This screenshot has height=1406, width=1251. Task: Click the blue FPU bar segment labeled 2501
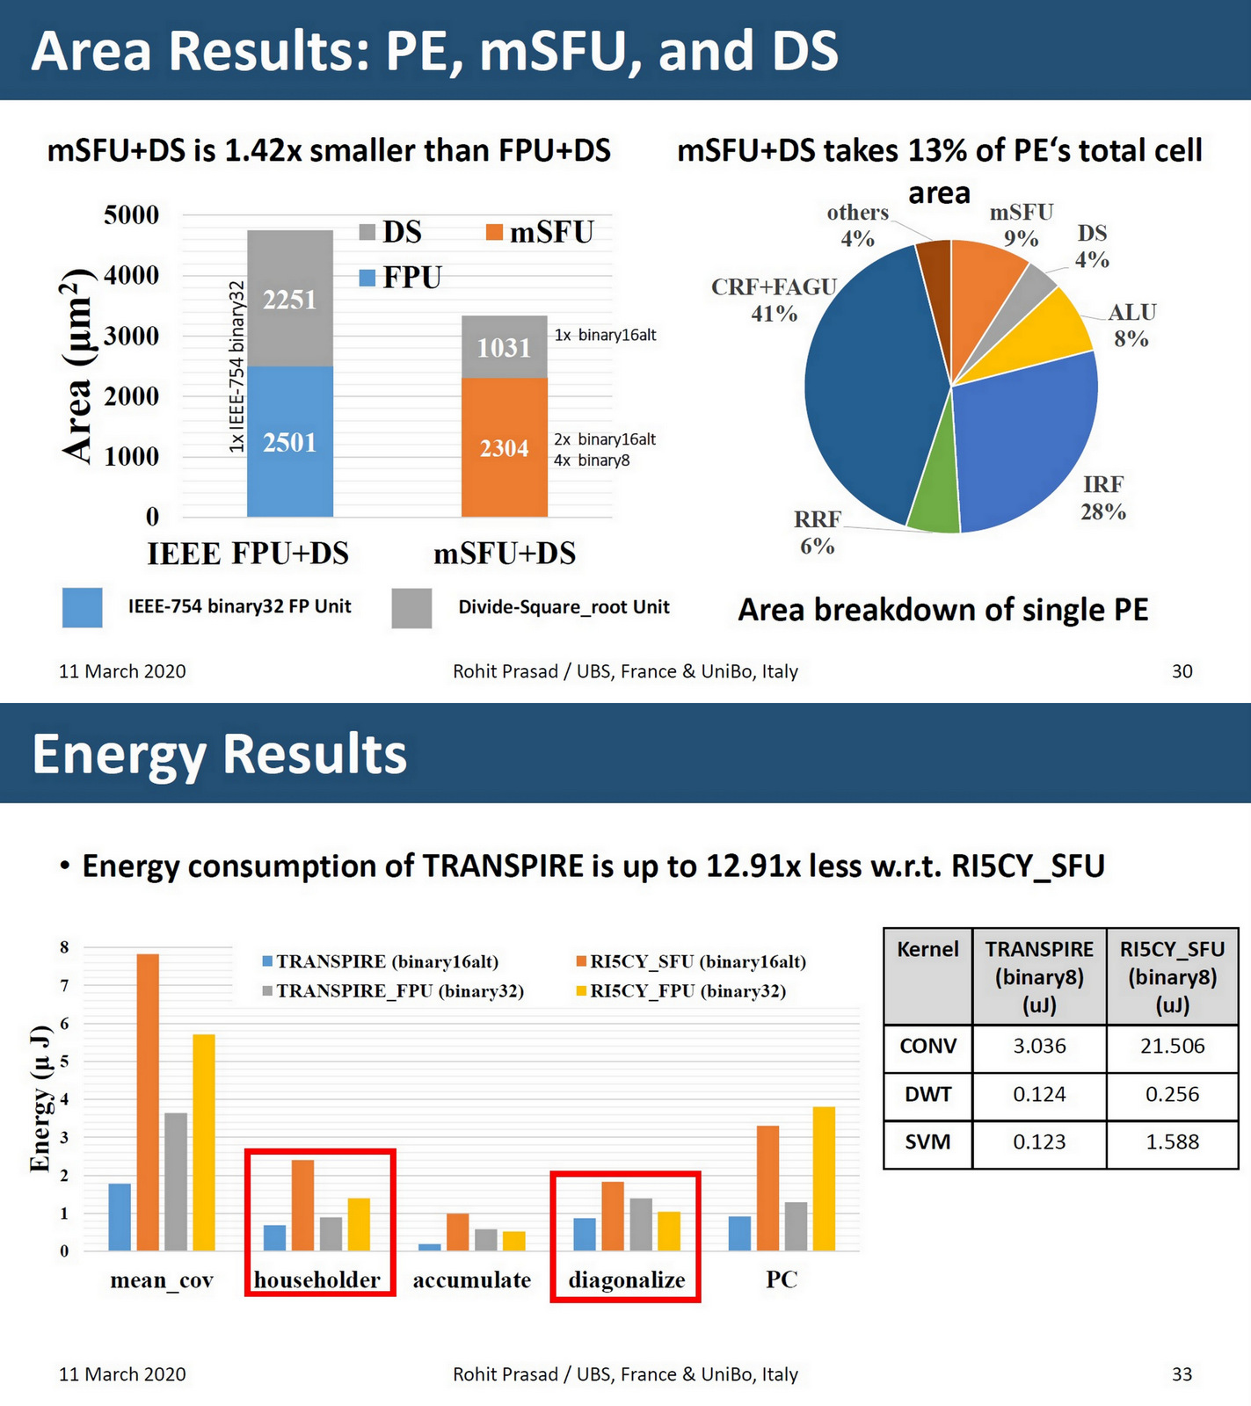click(x=289, y=441)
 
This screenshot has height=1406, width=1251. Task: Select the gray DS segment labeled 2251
click(x=289, y=299)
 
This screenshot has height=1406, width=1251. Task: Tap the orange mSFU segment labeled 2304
click(x=504, y=447)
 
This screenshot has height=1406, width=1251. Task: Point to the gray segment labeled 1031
click(x=504, y=347)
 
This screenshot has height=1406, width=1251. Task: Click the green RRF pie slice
click(x=934, y=501)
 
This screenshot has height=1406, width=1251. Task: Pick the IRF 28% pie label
click(x=1103, y=497)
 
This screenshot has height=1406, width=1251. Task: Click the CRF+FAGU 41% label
click(x=774, y=300)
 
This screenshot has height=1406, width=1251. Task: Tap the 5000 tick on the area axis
click(x=131, y=215)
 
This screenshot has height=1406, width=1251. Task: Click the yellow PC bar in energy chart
click(x=824, y=1178)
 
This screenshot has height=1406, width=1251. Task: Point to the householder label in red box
click(x=317, y=1279)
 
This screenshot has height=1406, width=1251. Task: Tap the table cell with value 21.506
click(x=1172, y=1047)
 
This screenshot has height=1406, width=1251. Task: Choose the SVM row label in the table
click(x=927, y=1142)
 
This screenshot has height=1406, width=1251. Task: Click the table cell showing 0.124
click(x=1039, y=1095)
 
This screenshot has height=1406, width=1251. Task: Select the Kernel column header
click(x=927, y=950)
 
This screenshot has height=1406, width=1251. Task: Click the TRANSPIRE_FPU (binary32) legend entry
click(x=393, y=991)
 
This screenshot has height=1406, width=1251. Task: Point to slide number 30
click(x=1182, y=671)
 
